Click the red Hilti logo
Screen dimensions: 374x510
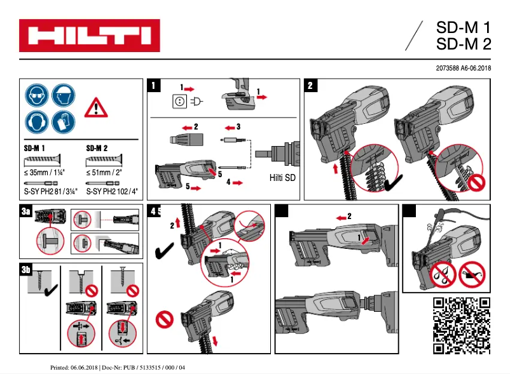pyautogui.click(x=89, y=36)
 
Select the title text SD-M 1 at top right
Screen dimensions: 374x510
pyautogui.click(x=463, y=29)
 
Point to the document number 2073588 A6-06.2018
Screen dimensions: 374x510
pyautogui.click(x=462, y=68)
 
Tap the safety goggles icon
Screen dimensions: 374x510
pyautogui.click(x=37, y=96)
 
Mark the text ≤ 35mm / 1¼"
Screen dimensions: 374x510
pyautogui.click(x=45, y=171)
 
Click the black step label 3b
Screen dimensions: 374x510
pyautogui.click(x=26, y=270)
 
